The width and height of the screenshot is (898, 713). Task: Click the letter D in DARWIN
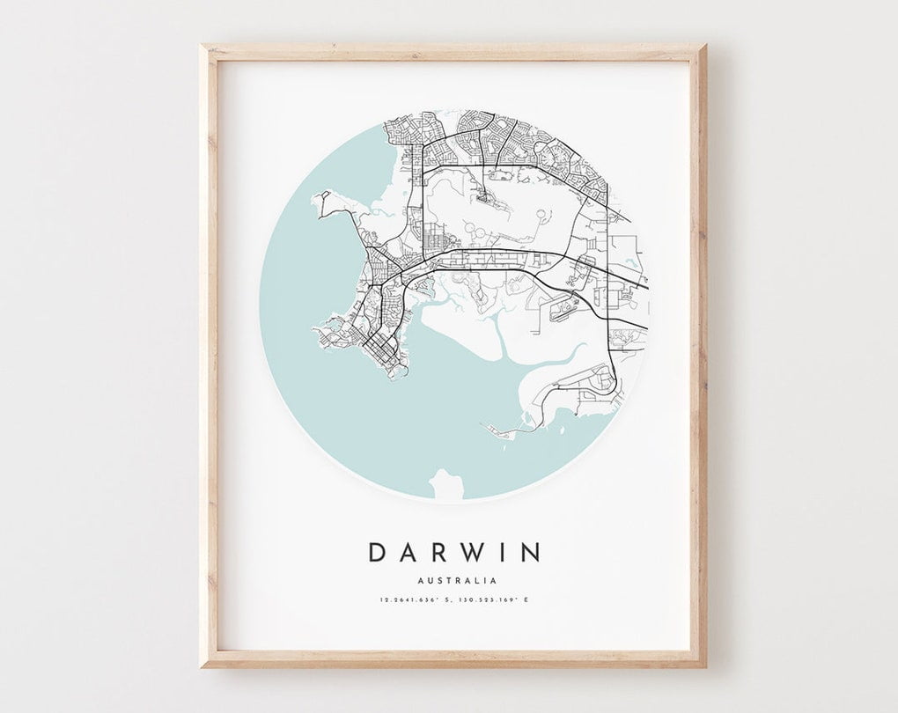point(377,553)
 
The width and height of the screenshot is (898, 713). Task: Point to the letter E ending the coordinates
point(526,600)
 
